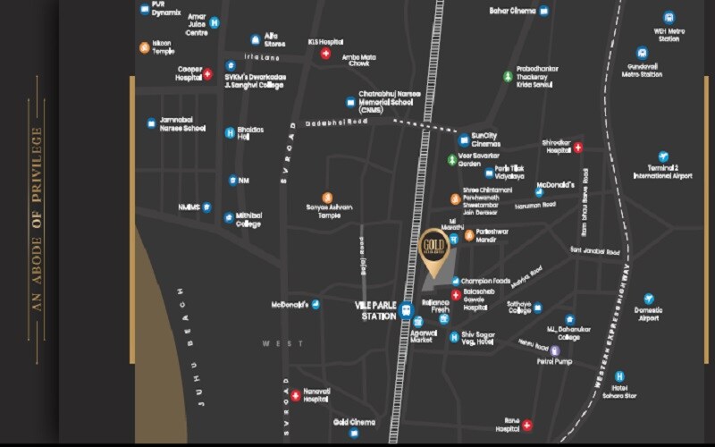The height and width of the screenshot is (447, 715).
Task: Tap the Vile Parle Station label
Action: pyautogui.click(x=374, y=310)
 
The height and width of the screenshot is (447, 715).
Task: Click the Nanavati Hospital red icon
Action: pyautogui.click(x=295, y=395)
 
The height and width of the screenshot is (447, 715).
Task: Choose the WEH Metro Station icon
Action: pyautogui.click(x=669, y=17)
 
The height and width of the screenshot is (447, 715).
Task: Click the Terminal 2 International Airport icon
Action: pyautogui.click(x=662, y=156)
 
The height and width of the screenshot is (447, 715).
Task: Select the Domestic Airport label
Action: pyautogui.click(x=648, y=314)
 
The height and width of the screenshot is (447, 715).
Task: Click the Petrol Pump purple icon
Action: pyautogui.click(x=555, y=350)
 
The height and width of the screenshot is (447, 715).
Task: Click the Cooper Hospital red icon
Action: pyautogui.click(x=207, y=73)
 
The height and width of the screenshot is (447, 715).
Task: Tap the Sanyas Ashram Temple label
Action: pyautogui.click(x=329, y=211)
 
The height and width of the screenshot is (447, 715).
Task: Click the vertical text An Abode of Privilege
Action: pyautogui.click(x=37, y=219)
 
